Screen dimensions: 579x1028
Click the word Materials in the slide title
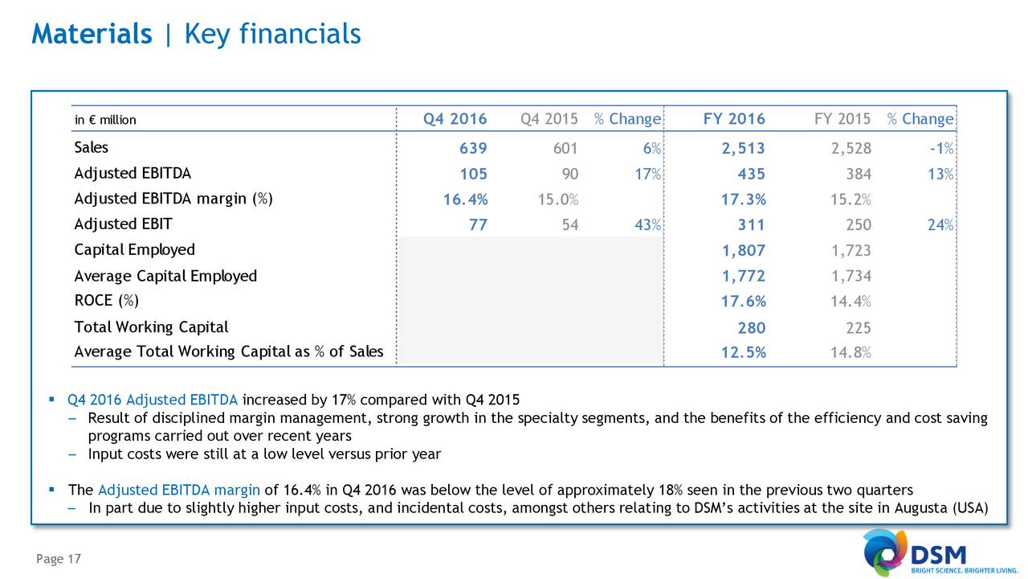(92, 34)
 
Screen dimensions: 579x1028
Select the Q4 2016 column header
(455, 119)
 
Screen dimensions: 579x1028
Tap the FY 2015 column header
(842, 119)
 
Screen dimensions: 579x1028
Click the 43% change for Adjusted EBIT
(647, 225)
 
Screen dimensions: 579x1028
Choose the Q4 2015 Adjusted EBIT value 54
(569, 225)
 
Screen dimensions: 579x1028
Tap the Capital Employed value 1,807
(744, 250)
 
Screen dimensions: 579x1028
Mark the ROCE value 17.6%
(744, 302)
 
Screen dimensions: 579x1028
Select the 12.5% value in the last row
(744, 352)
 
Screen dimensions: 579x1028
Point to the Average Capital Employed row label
(165, 276)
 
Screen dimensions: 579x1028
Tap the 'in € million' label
(105, 120)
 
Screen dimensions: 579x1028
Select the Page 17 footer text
(57, 559)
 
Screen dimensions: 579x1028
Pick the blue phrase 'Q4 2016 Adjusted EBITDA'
(153, 400)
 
